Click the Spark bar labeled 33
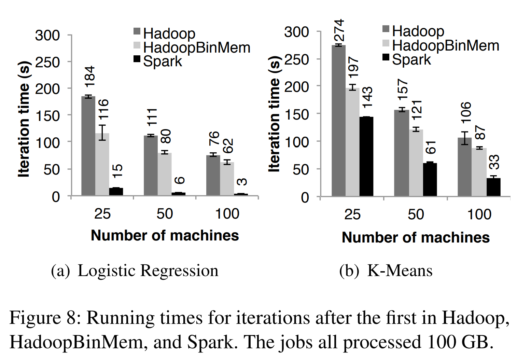[493, 187]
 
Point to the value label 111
[152, 117]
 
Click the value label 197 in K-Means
[353, 67]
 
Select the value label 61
[431, 147]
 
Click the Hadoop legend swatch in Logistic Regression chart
[137, 31]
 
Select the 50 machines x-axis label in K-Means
[416, 214]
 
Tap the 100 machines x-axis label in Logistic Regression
[227, 214]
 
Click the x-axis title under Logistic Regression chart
[165, 235]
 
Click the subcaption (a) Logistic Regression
[135, 271]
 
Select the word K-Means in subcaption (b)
[400, 271]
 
